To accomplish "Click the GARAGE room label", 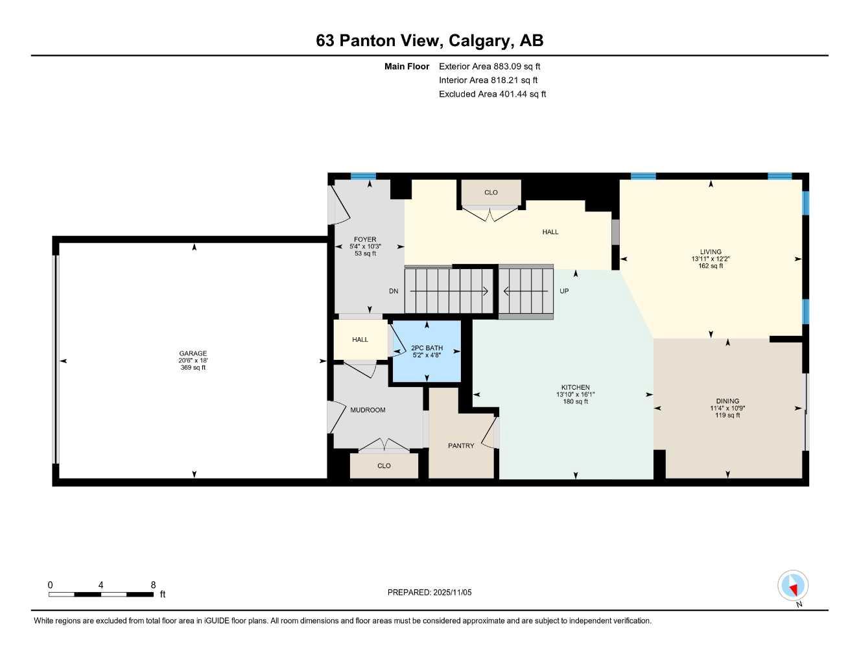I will (x=193, y=353).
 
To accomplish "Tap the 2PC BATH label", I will (x=427, y=348).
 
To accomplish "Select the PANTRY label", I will (x=461, y=445).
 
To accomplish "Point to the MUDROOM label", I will (x=368, y=410).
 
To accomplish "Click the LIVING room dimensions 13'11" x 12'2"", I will (x=711, y=259).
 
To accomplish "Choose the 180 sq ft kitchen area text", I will (x=576, y=401).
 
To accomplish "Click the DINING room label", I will (x=727, y=401).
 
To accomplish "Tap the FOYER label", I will (x=365, y=239).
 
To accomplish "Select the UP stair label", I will (x=564, y=291).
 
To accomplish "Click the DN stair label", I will (x=394, y=291).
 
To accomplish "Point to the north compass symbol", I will (x=792, y=586).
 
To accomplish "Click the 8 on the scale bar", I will (x=153, y=585).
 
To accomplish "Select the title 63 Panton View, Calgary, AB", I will (x=429, y=41).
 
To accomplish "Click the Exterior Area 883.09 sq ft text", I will (x=489, y=66).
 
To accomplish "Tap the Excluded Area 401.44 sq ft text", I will (x=492, y=94).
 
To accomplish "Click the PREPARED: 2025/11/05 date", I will (x=429, y=592).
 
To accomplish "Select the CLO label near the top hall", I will (x=491, y=193).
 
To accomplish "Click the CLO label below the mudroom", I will (x=384, y=466).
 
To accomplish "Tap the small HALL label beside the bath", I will (x=360, y=339).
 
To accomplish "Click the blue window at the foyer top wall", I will (x=363, y=176).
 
